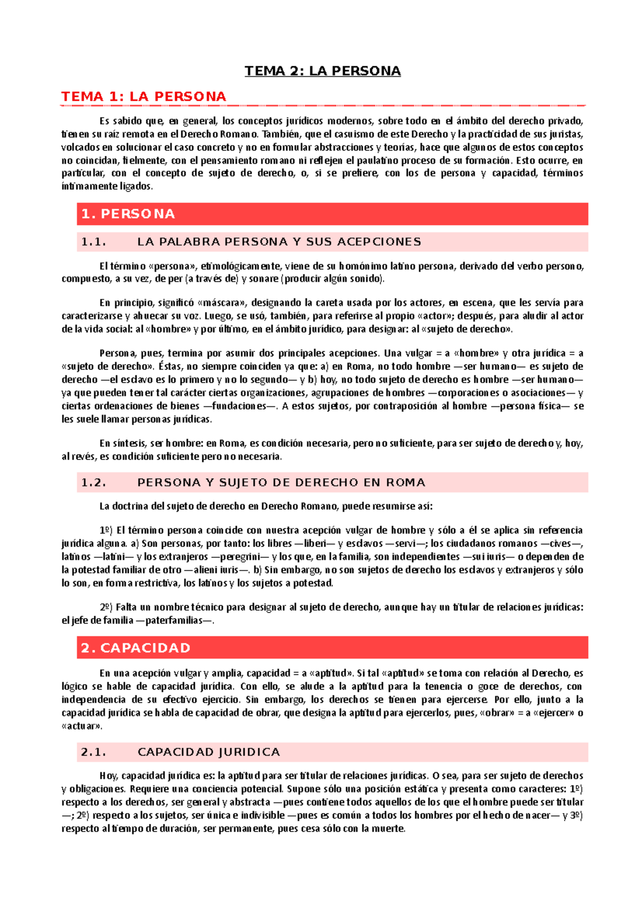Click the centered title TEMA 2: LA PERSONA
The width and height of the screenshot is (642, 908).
pyautogui.click(x=323, y=71)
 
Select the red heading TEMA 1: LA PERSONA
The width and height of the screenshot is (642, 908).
pyautogui.click(x=143, y=96)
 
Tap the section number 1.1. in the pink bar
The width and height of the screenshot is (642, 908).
pyautogui.click(x=94, y=242)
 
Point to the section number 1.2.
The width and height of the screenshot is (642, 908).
pyautogui.click(x=94, y=482)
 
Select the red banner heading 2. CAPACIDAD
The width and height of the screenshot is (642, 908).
pyautogui.click(x=135, y=648)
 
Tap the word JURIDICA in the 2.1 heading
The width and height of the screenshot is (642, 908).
pyautogui.click(x=249, y=752)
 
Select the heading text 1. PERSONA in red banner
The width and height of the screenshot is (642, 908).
pyautogui.click(x=128, y=214)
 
